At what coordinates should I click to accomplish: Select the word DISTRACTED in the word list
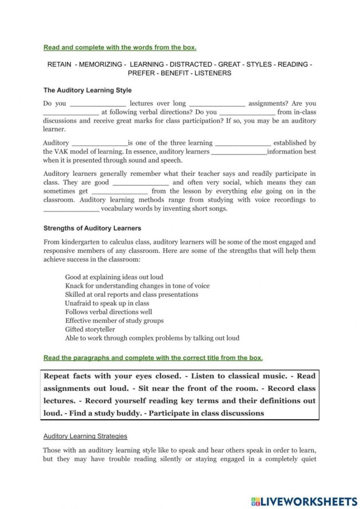(190, 64)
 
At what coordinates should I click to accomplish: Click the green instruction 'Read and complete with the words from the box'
(120, 47)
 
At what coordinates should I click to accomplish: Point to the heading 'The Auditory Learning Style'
(88, 90)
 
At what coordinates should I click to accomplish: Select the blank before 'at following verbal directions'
(71, 113)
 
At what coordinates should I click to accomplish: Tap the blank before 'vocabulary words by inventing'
(71, 209)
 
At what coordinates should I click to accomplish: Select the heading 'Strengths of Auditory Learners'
(92, 228)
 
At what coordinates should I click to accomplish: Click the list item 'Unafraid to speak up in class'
(107, 303)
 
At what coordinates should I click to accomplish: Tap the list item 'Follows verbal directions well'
(108, 311)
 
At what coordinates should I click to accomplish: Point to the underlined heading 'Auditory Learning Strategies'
(85, 436)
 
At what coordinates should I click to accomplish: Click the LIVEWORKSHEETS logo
(304, 501)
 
